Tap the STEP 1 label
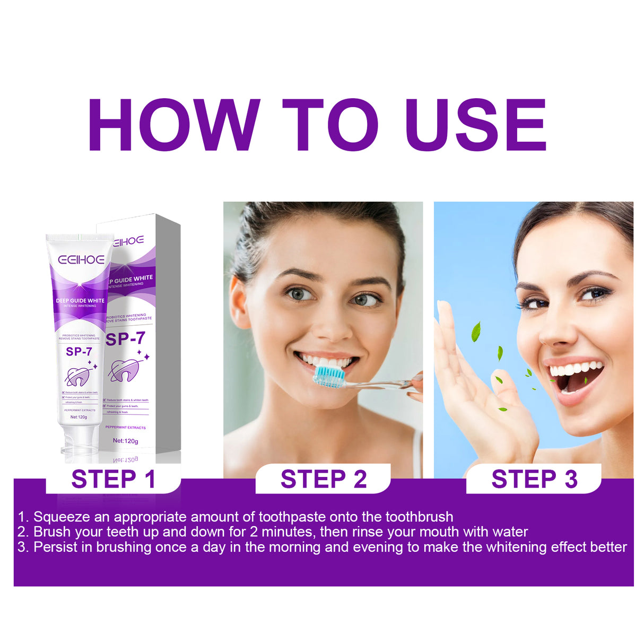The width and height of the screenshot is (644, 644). (113, 479)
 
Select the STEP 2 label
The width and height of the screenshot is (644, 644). (324, 479)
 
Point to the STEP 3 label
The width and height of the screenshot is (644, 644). (534, 479)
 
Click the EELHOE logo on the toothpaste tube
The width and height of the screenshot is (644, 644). (81, 260)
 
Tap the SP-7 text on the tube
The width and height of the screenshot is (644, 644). (79, 352)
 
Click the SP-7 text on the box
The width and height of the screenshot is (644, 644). (126, 338)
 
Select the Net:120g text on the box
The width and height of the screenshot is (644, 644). (125, 441)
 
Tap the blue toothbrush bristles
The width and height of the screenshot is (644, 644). (329, 376)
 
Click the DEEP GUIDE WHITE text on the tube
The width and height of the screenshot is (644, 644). (80, 301)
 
